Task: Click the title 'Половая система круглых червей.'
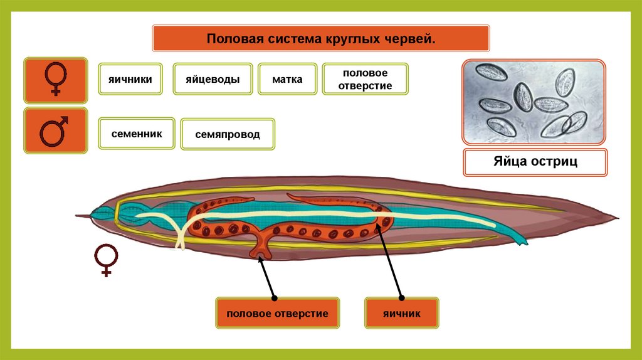(320, 39)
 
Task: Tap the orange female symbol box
(55, 81)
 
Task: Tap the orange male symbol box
(55, 130)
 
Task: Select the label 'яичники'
(130, 79)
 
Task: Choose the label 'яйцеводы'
(213, 79)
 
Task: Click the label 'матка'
(287, 79)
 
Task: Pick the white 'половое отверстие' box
(365, 79)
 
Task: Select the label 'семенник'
(137, 133)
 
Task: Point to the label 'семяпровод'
(227, 134)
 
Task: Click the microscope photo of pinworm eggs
(534, 102)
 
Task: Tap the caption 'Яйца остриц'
(535, 162)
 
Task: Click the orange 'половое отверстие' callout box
(277, 313)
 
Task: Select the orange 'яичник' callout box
(401, 313)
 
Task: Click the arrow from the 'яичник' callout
(389, 263)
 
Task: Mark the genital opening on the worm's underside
(258, 254)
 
